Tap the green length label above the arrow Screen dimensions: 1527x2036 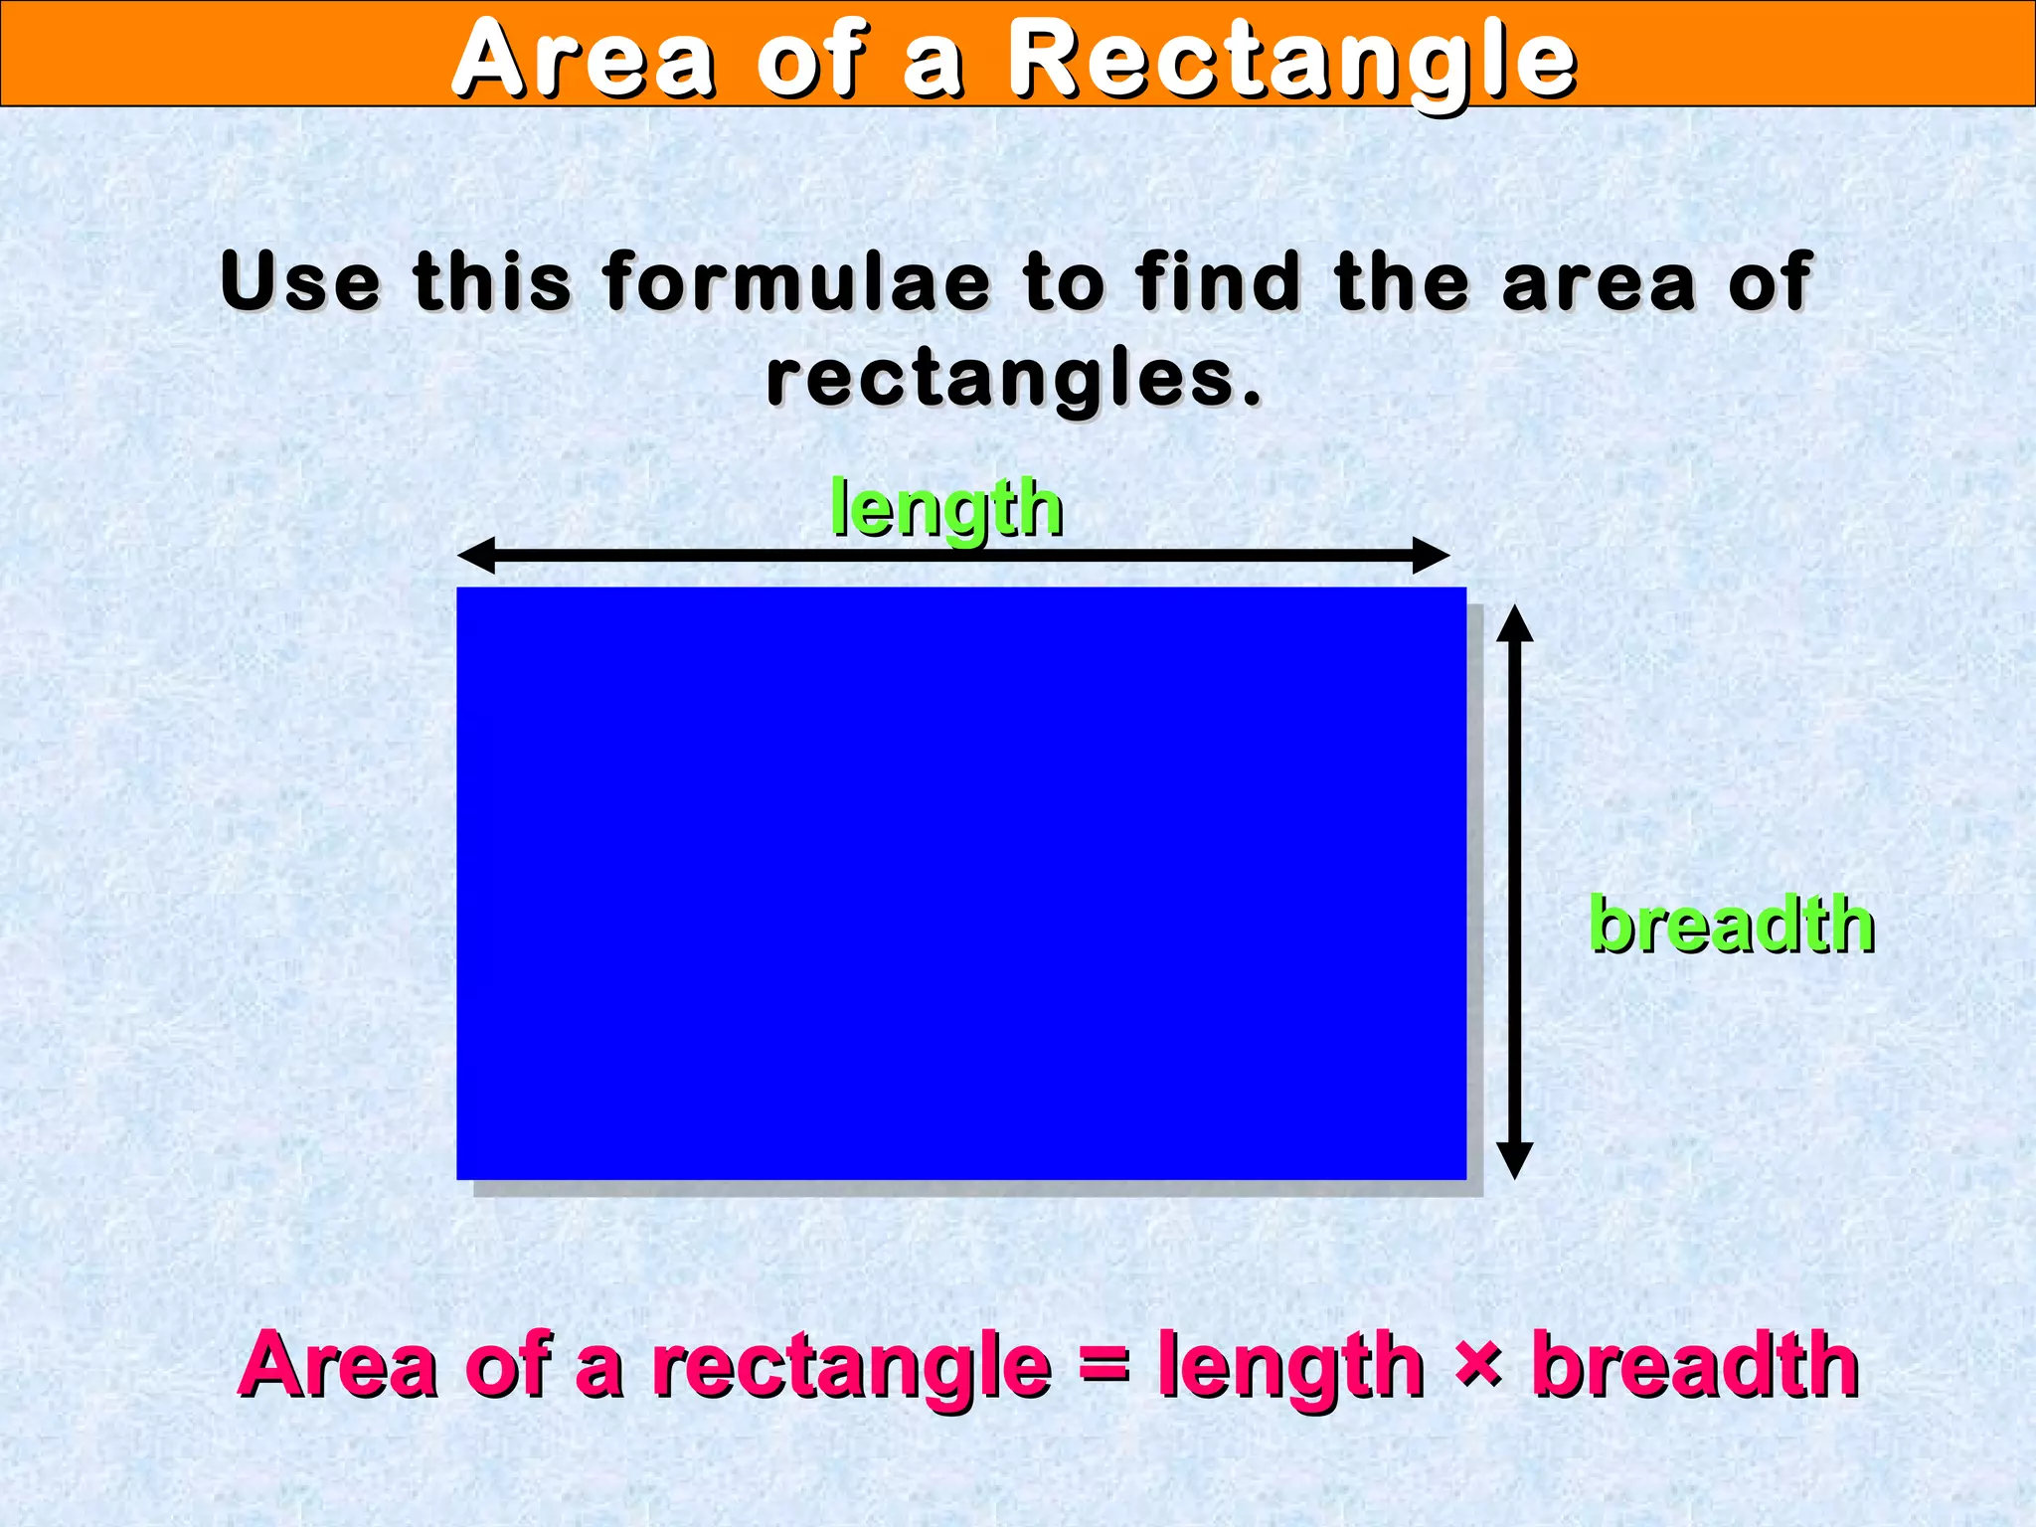[x=946, y=509]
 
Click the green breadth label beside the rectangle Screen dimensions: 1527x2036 [x=1732, y=925]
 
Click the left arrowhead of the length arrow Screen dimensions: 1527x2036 [x=476, y=555]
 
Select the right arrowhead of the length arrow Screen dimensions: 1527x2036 [x=1432, y=555]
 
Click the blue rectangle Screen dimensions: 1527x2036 [x=960, y=883]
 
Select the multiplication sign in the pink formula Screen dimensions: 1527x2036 [x=1477, y=1364]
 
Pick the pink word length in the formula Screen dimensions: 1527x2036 [x=1290, y=1367]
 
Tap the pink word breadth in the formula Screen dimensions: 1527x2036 [x=1695, y=1367]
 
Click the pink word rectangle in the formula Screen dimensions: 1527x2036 [x=851, y=1367]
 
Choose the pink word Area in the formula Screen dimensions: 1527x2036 [x=338, y=1367]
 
